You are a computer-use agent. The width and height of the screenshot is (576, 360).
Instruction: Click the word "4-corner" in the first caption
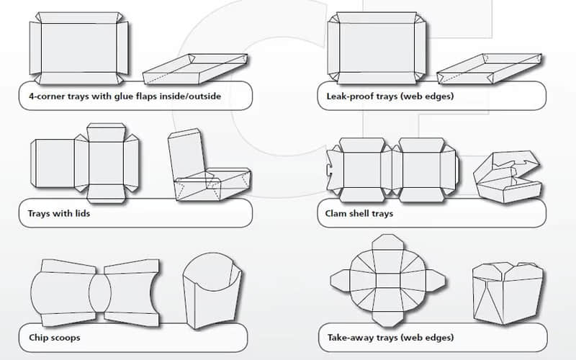[42, 96]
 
